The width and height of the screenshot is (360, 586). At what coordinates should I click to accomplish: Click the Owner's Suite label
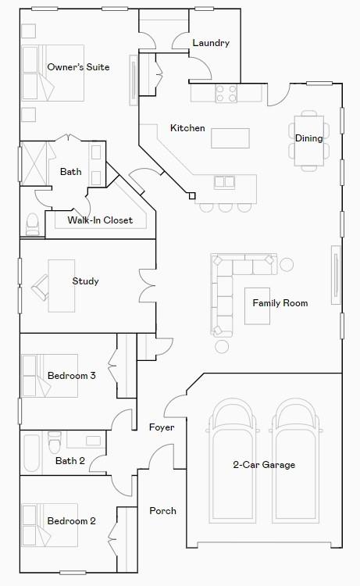(78, 67)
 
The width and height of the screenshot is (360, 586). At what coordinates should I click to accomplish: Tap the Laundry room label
(210, 43)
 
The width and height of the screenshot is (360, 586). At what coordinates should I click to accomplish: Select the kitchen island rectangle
(230, 138)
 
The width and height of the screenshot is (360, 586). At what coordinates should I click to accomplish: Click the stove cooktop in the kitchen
(226, 94)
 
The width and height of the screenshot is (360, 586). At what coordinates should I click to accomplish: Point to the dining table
(308, 141)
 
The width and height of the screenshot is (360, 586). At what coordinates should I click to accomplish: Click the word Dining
(308, 138)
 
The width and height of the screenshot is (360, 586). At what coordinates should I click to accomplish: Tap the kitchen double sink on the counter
(224, 182)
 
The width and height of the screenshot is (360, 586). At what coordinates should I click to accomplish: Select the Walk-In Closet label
(100, 220)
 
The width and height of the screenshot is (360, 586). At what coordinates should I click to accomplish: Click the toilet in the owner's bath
(32, 224)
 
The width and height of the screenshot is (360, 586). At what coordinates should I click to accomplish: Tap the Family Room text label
(280, 302)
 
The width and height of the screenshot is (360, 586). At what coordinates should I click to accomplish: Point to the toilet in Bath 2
(55, 444)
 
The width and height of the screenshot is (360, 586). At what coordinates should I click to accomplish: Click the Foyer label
(162, 427)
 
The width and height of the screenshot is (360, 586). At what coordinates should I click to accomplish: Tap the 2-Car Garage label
(264, 465)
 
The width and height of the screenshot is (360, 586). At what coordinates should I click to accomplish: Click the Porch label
(162, 511)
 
